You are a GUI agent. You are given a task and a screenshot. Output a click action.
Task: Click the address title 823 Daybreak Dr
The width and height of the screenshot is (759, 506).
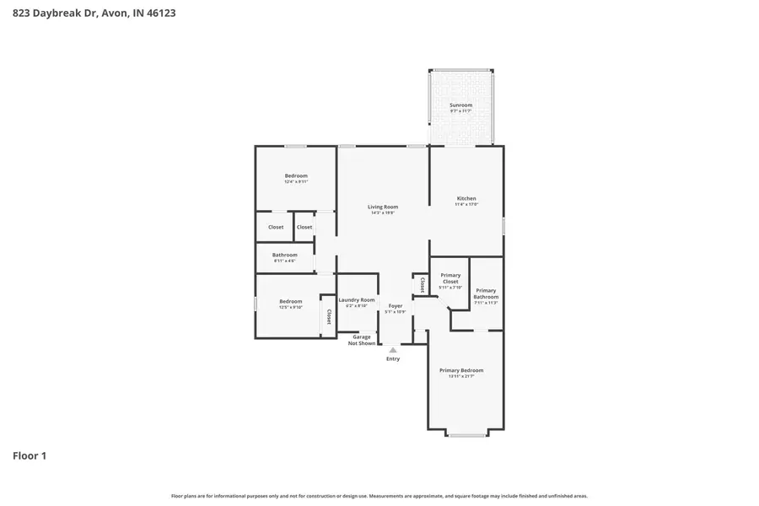tap(94, 13)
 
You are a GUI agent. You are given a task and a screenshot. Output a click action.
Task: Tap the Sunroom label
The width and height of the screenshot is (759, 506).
tap(460, 105)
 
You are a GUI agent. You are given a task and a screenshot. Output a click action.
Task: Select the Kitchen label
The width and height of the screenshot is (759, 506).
tap(466, 198)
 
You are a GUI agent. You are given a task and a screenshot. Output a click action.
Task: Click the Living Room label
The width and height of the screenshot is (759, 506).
tap(383, 207)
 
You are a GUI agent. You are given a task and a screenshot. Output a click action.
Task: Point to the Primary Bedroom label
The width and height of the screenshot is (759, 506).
tap(461, 370)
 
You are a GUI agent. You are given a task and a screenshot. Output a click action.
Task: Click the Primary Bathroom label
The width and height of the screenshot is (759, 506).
tap(486, 293)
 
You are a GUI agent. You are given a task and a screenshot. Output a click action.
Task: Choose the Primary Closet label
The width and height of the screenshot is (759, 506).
tap(450, 278)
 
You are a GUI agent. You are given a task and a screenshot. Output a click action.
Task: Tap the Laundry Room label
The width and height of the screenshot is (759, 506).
tap(356, 300)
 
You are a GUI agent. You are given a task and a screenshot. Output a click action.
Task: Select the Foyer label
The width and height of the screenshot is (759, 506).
tap(395, 305)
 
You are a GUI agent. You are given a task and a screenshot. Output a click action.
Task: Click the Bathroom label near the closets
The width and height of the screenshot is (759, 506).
tap(284, 255)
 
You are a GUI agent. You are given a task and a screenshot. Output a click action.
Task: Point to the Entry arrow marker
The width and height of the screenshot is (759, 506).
tap(393, 350)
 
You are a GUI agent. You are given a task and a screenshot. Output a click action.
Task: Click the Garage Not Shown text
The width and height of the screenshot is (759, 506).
tap(362, 340)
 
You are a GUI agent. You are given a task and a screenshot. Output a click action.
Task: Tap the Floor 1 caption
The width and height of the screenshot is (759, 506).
tap(30, 456)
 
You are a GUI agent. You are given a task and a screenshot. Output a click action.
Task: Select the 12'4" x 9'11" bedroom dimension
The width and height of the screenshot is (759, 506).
tap(295, 182)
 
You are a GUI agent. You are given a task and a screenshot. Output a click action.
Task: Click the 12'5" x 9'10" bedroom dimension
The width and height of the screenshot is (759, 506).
tap(290, 308)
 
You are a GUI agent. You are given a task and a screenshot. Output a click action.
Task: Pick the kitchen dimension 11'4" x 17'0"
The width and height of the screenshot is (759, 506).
tap(466, 205)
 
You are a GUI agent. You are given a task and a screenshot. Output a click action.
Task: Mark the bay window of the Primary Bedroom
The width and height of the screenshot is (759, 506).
tap(466, 435)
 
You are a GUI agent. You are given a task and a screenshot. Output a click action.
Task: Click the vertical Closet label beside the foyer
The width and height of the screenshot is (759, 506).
tap(422, 285)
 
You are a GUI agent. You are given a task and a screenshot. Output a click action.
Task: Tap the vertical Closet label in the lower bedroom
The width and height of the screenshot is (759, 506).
tap(329, 317)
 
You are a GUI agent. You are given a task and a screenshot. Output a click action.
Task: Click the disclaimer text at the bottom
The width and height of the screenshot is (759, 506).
tap(379, 496)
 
